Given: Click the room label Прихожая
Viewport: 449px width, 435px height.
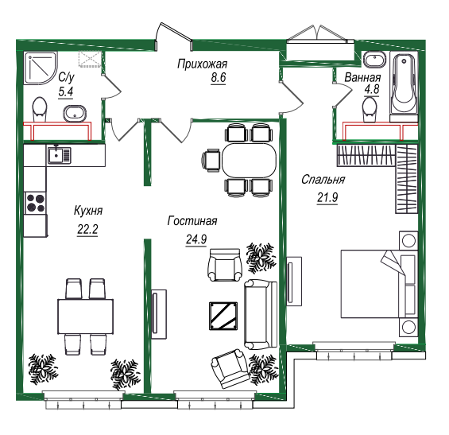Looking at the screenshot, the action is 202,64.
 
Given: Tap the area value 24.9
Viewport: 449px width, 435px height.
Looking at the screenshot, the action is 196,239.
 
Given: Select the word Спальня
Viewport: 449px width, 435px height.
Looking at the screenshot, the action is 323,180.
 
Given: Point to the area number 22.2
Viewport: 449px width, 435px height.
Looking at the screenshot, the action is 87,229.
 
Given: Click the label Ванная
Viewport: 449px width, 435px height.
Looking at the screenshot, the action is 363,77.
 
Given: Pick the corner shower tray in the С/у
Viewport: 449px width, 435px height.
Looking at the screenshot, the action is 41,68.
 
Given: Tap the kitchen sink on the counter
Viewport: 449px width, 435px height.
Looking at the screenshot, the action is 59,155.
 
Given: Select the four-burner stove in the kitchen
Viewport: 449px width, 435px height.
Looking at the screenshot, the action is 35,203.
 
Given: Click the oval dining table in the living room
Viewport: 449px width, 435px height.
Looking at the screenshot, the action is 249,161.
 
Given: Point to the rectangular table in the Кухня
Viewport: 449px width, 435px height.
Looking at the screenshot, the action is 85,317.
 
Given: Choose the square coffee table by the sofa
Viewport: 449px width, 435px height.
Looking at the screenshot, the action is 223,316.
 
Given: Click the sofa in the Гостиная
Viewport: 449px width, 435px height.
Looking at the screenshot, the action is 261,314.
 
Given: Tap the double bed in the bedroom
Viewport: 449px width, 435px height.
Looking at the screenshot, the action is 379,284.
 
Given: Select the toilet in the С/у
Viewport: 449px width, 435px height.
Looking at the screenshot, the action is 40,109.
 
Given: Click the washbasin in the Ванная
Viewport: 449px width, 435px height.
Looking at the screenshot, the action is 374,60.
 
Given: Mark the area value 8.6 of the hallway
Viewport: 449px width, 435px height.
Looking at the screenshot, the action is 219,78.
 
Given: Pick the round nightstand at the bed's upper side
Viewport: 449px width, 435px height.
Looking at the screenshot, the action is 408,241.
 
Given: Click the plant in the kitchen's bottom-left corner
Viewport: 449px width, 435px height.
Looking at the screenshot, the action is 43,368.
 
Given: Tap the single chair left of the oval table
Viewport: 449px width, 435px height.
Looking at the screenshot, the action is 211,161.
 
